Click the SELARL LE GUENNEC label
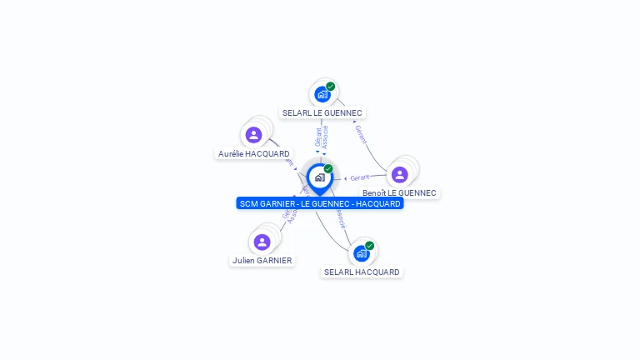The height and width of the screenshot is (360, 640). pyautogui.click(x=322, y=112)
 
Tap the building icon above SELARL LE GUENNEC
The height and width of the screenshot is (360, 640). pyautogui.click(x=322, y=94)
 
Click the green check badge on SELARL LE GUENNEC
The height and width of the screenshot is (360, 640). pyautogui.click(x=331, y=87)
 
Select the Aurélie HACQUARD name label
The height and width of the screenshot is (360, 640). pyautogui.click(x=254, y=154)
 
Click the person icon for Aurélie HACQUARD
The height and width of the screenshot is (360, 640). pyautogui.click(x=254, y=134)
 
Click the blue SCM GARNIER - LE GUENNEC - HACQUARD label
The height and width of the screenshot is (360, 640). pyautogui.click(x=320, y=203)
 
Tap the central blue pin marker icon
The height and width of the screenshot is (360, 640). pyautogui.click(x=319, y=177)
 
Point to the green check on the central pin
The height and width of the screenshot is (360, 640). pyautogui.click(x=328, y=169)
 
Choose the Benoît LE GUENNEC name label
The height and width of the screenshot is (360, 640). pyautogui.click(x=399, y=193)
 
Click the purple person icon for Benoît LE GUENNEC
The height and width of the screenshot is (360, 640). pyautogui.click(x=399, y=174)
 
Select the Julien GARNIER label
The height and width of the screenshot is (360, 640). pyautogui.click(x=262, y=261)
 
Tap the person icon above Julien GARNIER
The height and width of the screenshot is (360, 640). pyautogui.click(x=262, y=242)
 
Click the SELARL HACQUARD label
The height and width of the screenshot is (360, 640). pyautogui.click(x=362, y=272)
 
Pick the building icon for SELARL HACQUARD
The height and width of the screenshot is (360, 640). pyautogui.click(x=362, y=253)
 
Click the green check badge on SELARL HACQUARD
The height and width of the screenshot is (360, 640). pyautogui.click(x=370, y=246)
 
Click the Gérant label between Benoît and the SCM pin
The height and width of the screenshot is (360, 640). pyautogui.click(x=360, y=177)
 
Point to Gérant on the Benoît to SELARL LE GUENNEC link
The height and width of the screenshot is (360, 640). pyautogui.click(x=361, y=134)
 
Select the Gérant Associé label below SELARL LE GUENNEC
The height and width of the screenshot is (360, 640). pyautogui.click(x=322, y=137)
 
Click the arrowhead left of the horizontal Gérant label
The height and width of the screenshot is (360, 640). pyautogui.click(x=346, y=177)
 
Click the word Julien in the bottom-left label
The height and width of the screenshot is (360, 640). pyautogui.click(x=243, y=261)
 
